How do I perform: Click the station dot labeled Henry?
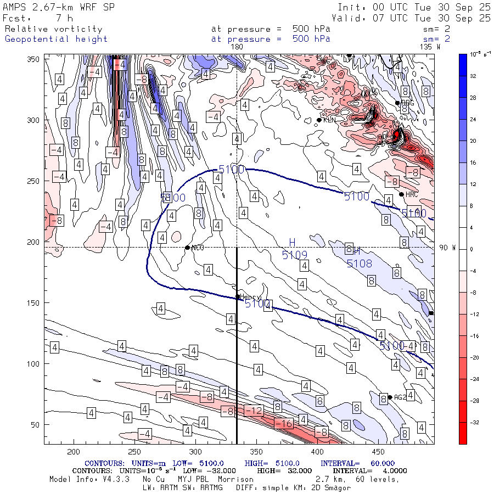click(x=238, y=297)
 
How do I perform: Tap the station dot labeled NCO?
click(x=188, y=248)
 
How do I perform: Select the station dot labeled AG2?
click(x=390, y=397)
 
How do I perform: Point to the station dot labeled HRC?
click(x=402, y=194)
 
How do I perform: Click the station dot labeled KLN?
click(x=319, y=120)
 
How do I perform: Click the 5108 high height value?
click(x=359, y=263)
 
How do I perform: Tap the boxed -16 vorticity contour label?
click(x=284, y=423)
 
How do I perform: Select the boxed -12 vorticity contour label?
click(x=254, y=411)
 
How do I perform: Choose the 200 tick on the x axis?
click(x=73, y=451)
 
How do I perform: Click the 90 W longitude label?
click(x=448, y=248)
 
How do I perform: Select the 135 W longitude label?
click(x=430, y=47)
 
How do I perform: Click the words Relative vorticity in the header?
click(x=53, y=29)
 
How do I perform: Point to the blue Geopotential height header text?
click(x=56, y=39)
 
